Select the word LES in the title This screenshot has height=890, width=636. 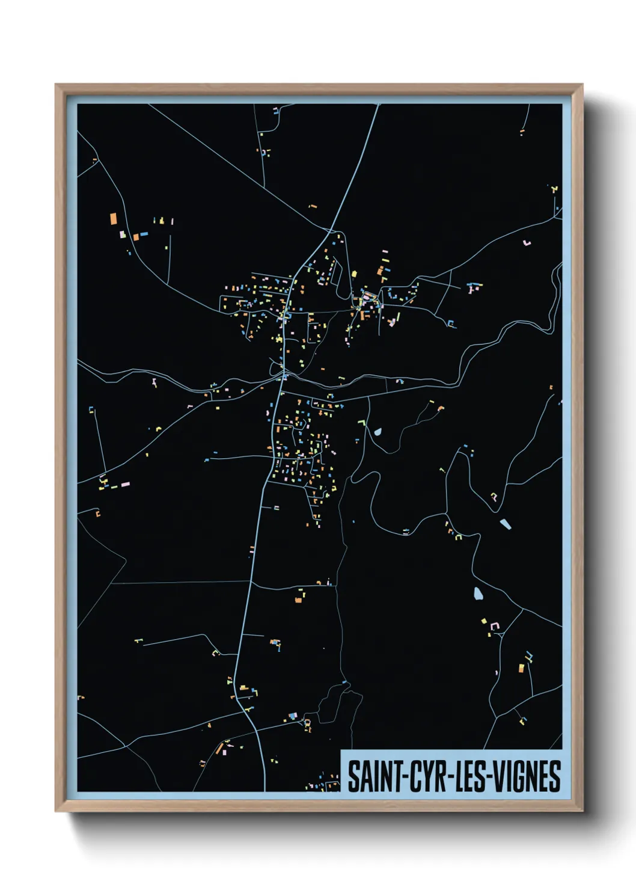click(474, 776)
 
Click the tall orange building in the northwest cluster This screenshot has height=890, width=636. click(112, 219)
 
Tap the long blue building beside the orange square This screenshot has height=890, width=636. click(144, 233)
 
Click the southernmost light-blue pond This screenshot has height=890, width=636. click(478, 594)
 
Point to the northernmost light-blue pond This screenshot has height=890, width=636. click(378, 431)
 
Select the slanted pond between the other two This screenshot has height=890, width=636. click(505, 524)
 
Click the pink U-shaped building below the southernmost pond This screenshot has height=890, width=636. click(494, 626)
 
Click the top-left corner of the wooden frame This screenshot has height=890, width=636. click(56, 85)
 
